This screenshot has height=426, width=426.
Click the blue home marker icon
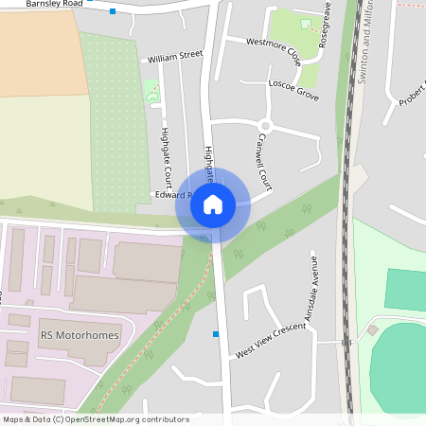213,204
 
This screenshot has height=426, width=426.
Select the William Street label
175,57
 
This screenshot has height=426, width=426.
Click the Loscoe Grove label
294,90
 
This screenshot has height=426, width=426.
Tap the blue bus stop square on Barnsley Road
113,11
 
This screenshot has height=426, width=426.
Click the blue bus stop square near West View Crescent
216,333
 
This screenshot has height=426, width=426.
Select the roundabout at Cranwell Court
265,125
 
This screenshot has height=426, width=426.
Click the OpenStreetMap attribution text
95,419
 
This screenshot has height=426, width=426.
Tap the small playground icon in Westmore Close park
305,23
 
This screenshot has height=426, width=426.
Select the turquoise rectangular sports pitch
405,290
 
